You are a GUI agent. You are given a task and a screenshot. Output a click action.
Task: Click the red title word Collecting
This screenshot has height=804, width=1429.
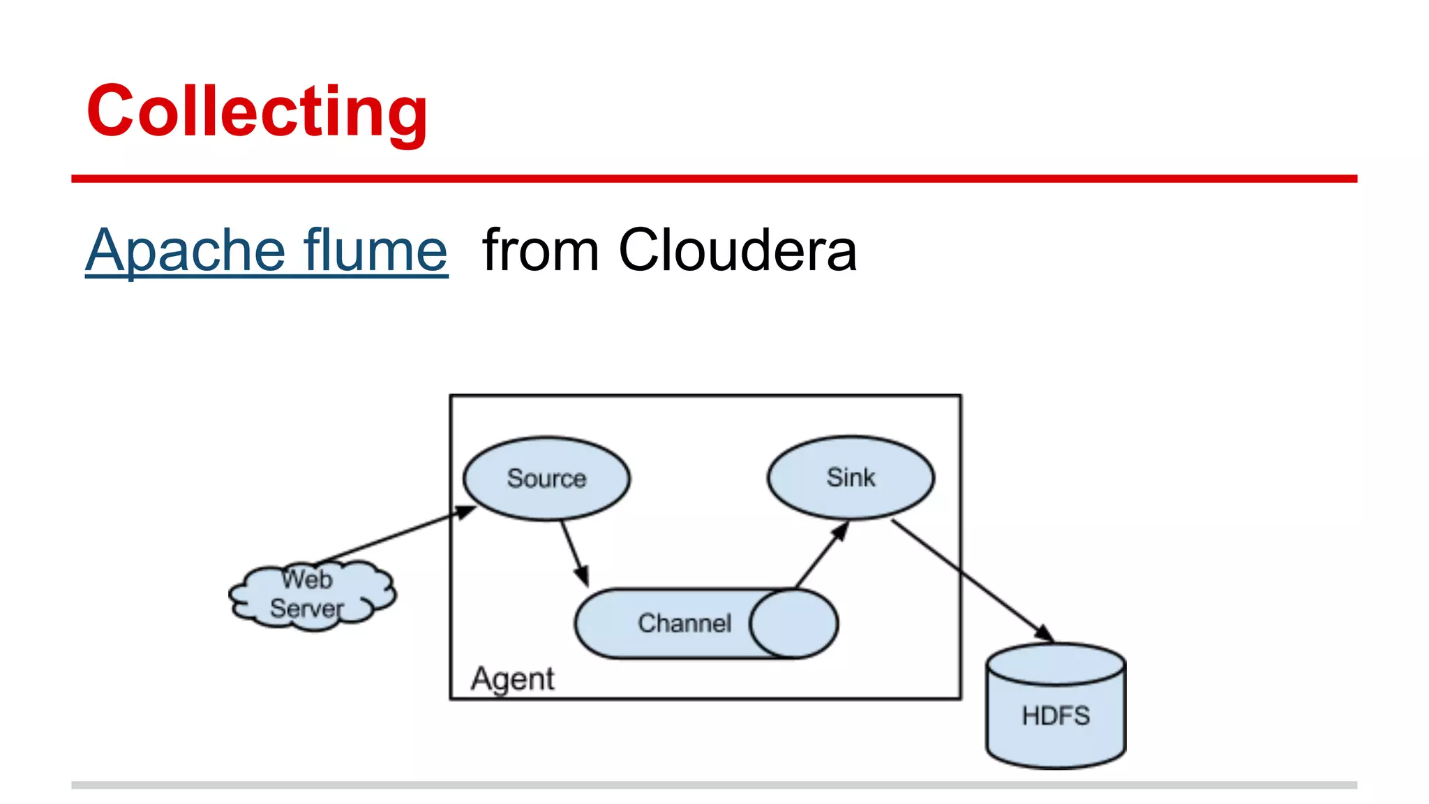point(257,112)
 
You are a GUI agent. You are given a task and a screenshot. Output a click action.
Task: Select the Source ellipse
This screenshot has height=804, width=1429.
point(546,478)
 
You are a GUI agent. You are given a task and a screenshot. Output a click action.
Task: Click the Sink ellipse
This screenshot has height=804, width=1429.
point(851,477)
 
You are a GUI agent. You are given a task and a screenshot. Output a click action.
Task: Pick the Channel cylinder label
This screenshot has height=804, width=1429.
point(684,623)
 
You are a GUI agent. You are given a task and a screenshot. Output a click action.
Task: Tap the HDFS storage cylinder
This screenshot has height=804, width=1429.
point(1056,716)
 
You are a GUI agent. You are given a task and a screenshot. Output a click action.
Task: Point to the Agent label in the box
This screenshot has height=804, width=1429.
point(512,678)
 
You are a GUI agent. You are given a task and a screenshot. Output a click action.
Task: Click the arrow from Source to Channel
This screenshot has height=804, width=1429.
point(574,553)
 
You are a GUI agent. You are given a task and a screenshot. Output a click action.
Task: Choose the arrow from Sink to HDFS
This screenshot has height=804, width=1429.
point(972,581)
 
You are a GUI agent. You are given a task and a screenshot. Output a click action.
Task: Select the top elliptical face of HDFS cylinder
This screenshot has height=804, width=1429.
point(1056,664)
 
